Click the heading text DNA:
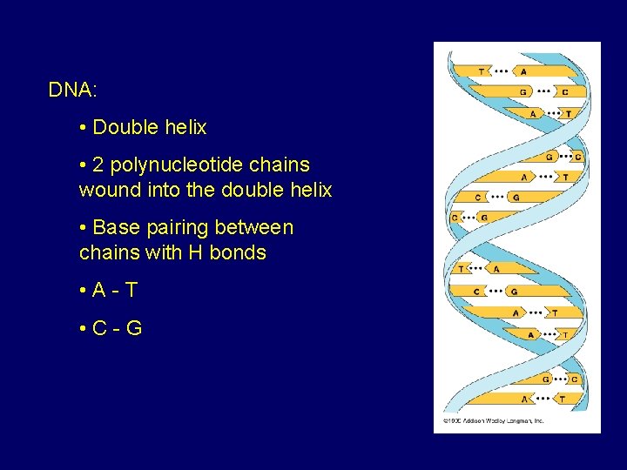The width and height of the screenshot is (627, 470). pos(72,90)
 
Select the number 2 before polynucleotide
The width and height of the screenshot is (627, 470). pos(98,164)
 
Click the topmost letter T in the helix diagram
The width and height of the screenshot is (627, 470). pos(482,70)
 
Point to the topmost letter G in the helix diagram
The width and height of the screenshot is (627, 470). pos(523,91)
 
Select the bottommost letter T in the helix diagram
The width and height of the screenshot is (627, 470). pos(562,399)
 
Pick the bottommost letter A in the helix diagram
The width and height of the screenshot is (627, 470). pos(523,399)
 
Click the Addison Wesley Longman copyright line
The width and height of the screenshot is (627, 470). pos(494,420)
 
